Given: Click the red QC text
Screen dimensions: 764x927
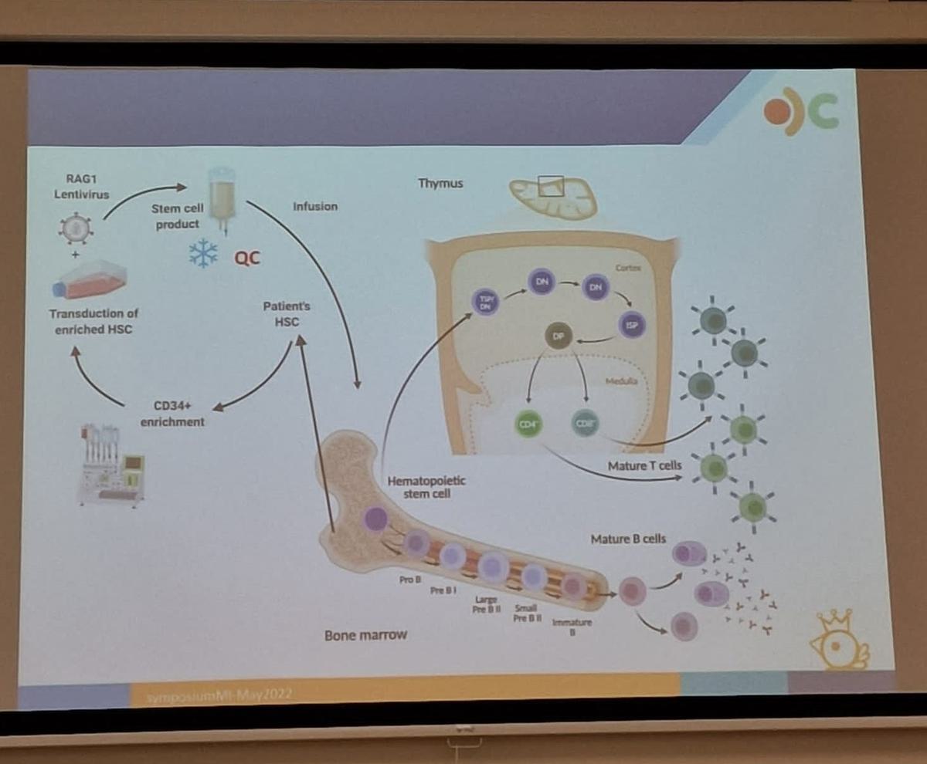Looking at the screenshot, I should pyautogui.click(x=247, y=257).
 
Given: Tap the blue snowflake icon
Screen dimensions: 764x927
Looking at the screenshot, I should pyautogui.click(x=203, y=253).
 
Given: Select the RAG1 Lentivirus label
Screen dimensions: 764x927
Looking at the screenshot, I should pyautogui.click(x=81, y=187).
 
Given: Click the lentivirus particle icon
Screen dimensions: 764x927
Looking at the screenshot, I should pyautogui.click(x=76, y=228).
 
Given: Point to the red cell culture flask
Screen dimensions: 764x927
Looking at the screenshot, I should pyautogui.click(x=90, y=279).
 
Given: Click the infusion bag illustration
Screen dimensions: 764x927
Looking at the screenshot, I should pyautogui.click(x=221, y=198).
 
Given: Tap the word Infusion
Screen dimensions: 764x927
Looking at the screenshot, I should pyautogui.click(x=314, y=207).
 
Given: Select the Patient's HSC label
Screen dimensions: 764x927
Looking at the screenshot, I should pyautogui.click(x=286, y=313).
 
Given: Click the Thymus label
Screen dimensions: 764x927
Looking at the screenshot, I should pyautogui.click(x=440, y=184).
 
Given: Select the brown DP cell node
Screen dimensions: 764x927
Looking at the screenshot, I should pyautogui.click(x=558, y=336).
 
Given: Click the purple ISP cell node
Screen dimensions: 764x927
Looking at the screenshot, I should pyautogui.click(x=630, y=325).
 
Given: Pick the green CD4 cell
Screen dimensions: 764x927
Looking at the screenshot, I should pyautogui.click(x=529, y=424).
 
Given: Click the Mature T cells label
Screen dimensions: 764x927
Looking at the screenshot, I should pyautogui.click(x=643, y=466).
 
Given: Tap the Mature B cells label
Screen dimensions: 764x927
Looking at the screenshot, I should pyautogui.click(x=627, y=539).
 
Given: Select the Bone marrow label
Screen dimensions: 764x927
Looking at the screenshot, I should pyautogui.click(x=365, y=636).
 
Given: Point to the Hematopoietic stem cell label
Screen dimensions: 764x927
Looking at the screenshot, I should pyautogui.click(x=426, y=487).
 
